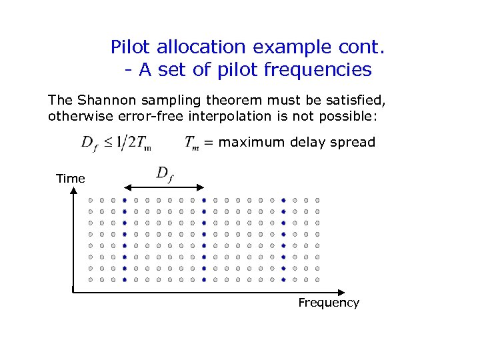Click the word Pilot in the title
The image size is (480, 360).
pos(130,47)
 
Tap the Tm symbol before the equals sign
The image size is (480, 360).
pos(191,143)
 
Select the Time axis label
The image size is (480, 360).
pos(71,178)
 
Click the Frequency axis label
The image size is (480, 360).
pos(329,303)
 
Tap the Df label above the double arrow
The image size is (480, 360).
pos(164,173)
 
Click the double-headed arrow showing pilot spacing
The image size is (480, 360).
pos(164,188)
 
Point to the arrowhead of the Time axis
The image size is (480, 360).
pos(73,193)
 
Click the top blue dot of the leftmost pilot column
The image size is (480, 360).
pos(125,200)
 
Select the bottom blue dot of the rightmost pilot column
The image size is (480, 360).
pos(283,280)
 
